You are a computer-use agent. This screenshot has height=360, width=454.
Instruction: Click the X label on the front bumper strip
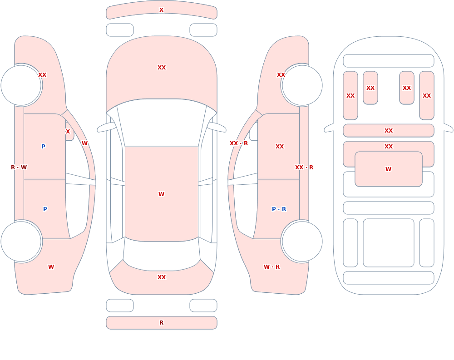161,10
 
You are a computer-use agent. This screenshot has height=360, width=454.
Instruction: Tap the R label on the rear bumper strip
161,323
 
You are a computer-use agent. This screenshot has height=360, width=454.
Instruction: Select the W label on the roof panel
161,194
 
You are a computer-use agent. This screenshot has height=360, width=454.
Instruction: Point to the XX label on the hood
162,68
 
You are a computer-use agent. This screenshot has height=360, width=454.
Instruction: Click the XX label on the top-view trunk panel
162,277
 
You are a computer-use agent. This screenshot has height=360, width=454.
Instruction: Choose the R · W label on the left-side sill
19,168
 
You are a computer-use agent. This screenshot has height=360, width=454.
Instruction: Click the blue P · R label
279,209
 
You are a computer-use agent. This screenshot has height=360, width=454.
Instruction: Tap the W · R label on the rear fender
271,267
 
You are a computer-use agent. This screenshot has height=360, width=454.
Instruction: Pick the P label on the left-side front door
43,147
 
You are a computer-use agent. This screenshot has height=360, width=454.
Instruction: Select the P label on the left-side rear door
45,209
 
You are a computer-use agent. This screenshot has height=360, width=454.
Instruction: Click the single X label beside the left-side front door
68,132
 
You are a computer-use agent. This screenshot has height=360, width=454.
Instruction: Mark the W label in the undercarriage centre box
388,169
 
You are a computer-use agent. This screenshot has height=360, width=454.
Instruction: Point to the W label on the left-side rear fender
51,267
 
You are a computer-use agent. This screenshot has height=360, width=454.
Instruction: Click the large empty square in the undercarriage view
388,243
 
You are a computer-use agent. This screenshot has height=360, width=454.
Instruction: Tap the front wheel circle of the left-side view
21,85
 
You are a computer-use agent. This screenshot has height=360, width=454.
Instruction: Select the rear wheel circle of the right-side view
302,241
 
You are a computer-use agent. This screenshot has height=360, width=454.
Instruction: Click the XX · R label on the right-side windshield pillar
239,143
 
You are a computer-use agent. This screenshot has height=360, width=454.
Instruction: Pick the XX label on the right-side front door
279,147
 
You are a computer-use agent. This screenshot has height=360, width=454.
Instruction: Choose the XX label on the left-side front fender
42,75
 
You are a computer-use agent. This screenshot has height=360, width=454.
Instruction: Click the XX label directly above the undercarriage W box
389,147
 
